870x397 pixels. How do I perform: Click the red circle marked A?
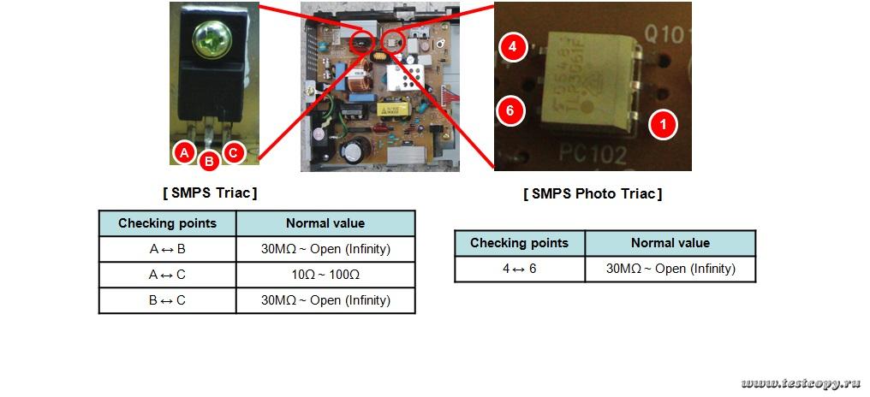(x=183, y=152)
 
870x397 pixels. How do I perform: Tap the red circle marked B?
(x=208, y=160)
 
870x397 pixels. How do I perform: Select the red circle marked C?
(x=233, y=152)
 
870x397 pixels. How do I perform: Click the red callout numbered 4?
(x=512, y=48)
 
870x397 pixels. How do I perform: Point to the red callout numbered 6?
(x=509, y=110)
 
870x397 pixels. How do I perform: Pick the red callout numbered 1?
(x=661, y=125)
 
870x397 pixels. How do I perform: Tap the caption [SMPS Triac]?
(x=210, y=193)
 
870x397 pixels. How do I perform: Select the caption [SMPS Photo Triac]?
(x=593, y=193)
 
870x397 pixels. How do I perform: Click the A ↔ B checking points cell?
(x=167, y=249)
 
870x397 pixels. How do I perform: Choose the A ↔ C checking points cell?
(x=167, y=275)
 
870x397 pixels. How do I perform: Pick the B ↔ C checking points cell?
(x=167, y=300)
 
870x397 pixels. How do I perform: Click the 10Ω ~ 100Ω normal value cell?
(x=325, y=275)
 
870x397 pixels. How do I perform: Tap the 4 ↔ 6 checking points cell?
(x=519, y=269)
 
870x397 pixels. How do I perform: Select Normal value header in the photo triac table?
(x=670, y=243)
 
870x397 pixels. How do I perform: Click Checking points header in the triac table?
(x=167, y=223)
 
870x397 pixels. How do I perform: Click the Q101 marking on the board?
(x=666, y=35)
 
